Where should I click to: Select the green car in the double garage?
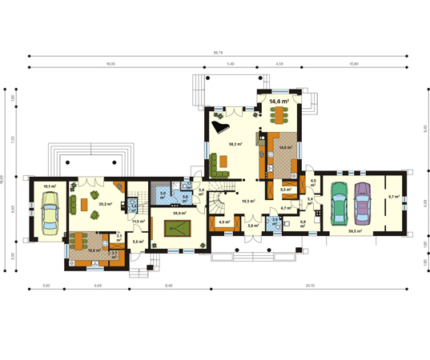point(339,205)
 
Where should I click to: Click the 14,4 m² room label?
point(279,102)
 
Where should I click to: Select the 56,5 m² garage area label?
point(354,230)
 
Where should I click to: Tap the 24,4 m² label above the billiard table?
point(179,214)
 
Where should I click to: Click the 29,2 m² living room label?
point(104,204)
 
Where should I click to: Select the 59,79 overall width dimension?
point(217,52)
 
